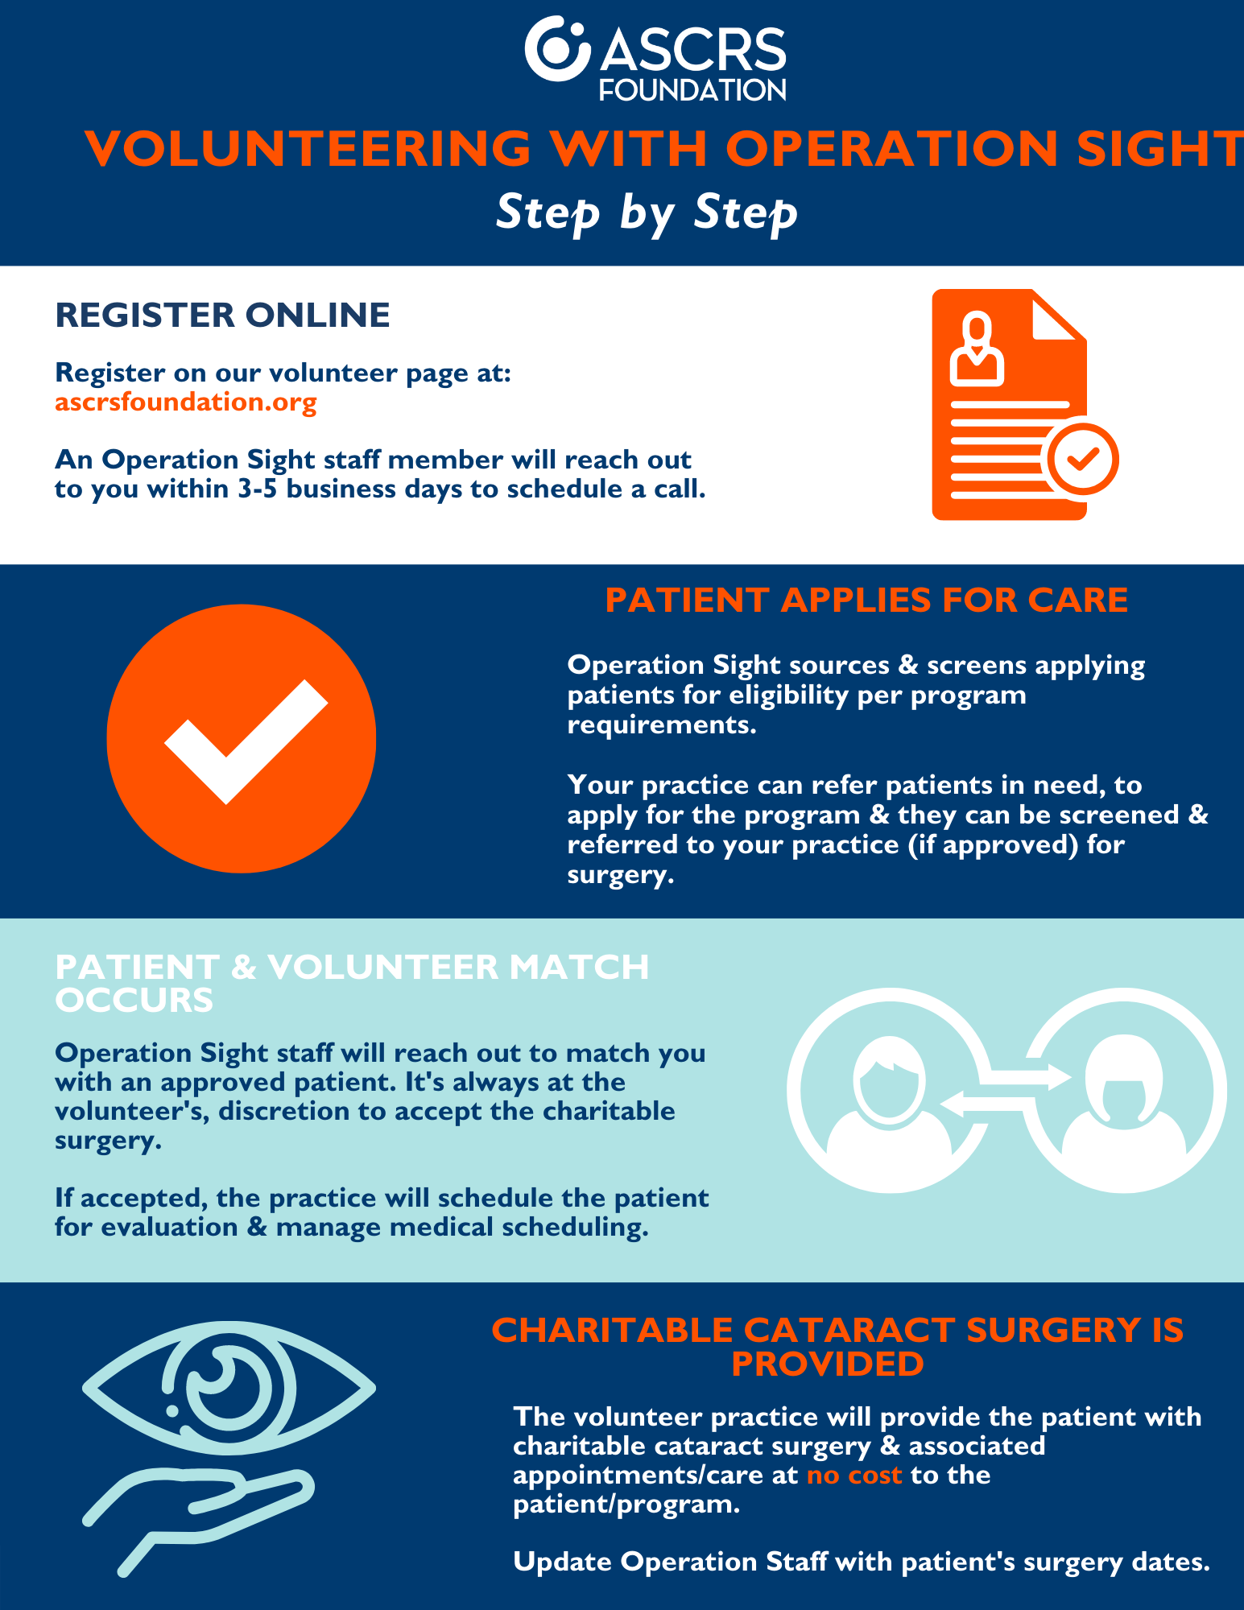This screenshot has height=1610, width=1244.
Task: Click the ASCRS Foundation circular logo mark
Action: pos(557,48)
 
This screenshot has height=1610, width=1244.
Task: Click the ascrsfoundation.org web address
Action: pos(186,401)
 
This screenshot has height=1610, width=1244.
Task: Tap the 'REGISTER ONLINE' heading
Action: pos(222,315)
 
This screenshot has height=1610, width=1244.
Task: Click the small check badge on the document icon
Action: pos(1082,459)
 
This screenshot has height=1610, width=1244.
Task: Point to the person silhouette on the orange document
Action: pos(977,349)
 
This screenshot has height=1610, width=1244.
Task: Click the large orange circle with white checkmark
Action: pos(242,738)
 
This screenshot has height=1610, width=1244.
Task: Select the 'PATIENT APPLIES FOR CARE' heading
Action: pos(866,601)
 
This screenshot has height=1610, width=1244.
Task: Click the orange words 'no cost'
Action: pos(853,1475)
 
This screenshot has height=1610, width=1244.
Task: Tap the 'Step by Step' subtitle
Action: pos(647,213)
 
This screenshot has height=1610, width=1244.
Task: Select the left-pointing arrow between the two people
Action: pos(982,1104)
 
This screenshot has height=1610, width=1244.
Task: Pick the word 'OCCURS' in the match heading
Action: pos(134,1000)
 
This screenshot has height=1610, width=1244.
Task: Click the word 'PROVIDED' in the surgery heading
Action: pos(828,1364)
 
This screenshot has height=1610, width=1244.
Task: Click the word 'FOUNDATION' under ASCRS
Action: pos(692,89)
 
